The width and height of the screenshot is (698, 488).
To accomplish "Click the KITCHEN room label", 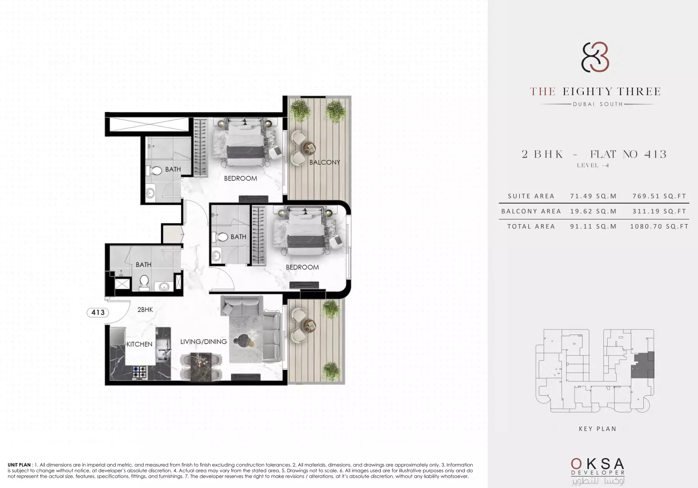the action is click(139, 344).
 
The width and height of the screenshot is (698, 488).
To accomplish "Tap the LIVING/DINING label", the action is click(203, 342).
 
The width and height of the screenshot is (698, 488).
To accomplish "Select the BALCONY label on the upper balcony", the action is click(325, 162).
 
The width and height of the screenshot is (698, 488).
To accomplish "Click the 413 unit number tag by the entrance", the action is click(98, 313).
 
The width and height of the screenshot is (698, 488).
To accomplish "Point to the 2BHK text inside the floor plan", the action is click(145, 309).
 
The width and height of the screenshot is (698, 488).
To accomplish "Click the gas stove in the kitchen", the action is click(140, 372).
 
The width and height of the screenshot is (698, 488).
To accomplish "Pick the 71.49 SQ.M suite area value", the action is click(593, 196).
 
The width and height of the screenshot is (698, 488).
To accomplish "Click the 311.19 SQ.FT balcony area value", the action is click(659, 211).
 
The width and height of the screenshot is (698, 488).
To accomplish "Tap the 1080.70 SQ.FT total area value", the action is click(659, 227).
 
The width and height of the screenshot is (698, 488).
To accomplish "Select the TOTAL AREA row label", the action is click(531, 227).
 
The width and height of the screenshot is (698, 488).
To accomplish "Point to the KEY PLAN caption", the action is click(598, 429).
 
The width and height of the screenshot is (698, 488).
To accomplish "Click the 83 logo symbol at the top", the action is click(595, 58).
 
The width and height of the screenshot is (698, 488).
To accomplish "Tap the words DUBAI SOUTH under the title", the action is click(598, 104).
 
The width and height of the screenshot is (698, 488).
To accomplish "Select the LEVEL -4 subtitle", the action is click(593, 165).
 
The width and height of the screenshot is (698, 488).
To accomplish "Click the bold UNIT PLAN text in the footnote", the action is click(19, 465).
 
